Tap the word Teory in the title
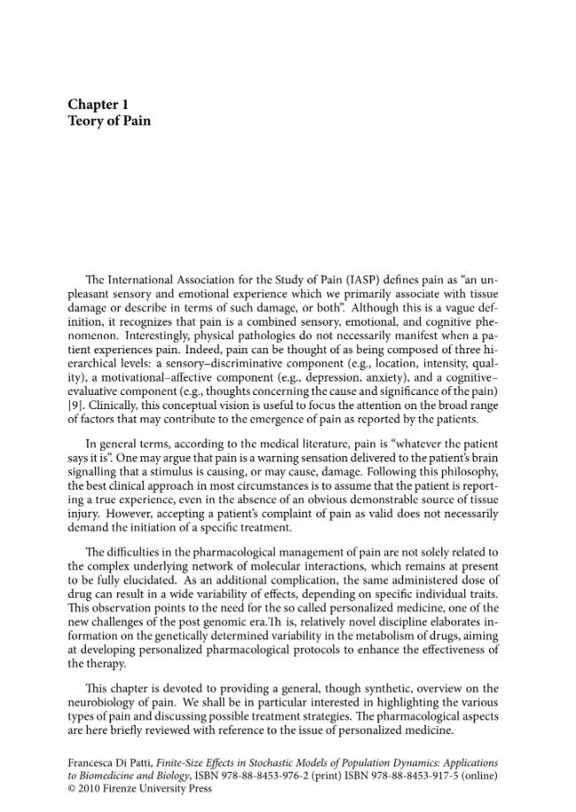[x=88, y=120]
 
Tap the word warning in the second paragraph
[x=285, y=458]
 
